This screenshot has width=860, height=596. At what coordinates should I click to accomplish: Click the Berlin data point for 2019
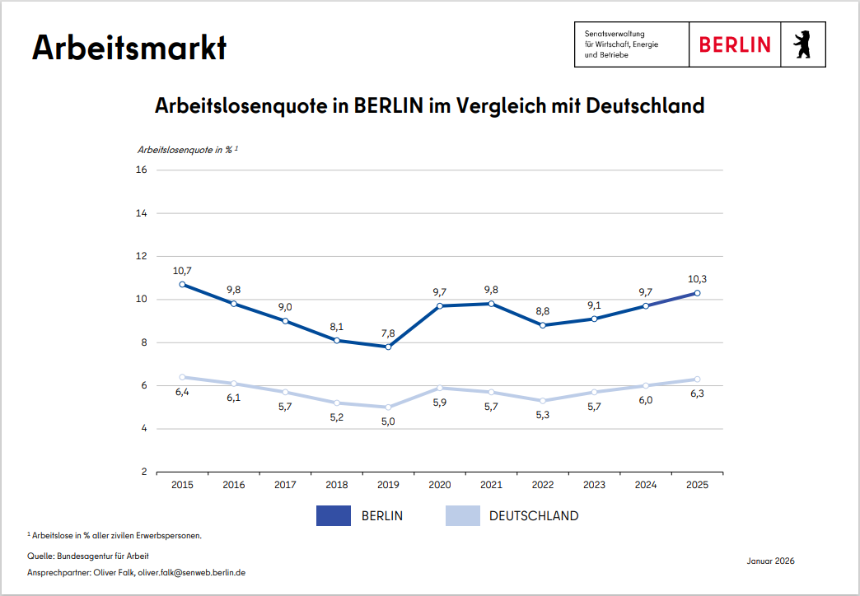[388, 347]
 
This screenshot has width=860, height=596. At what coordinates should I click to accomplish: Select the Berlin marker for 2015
[182, 284]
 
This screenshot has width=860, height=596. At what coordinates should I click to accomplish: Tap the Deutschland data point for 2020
[440, 388]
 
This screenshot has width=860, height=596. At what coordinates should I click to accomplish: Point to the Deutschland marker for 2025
[697, 379]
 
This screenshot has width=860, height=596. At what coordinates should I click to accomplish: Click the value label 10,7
[182, 270]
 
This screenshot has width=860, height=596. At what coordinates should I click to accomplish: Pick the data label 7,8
[388, 333]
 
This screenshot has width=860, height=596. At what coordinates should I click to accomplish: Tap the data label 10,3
[697, 279]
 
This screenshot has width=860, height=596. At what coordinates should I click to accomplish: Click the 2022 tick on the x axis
[543, 485]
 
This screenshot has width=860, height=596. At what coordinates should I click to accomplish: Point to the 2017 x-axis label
[285, 485]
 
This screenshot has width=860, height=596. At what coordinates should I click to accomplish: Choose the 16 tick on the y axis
[141, 170]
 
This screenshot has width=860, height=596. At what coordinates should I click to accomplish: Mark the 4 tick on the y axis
[143, 429]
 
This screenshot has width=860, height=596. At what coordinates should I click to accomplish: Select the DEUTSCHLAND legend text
[534, 516]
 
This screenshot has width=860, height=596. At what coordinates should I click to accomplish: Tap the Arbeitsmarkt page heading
[129, 48]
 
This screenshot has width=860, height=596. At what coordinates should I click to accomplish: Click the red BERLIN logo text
[735, 44]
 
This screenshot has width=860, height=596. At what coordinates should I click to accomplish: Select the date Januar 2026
[771, 561]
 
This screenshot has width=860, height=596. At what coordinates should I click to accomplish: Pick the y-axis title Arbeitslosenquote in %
[185, 150]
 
